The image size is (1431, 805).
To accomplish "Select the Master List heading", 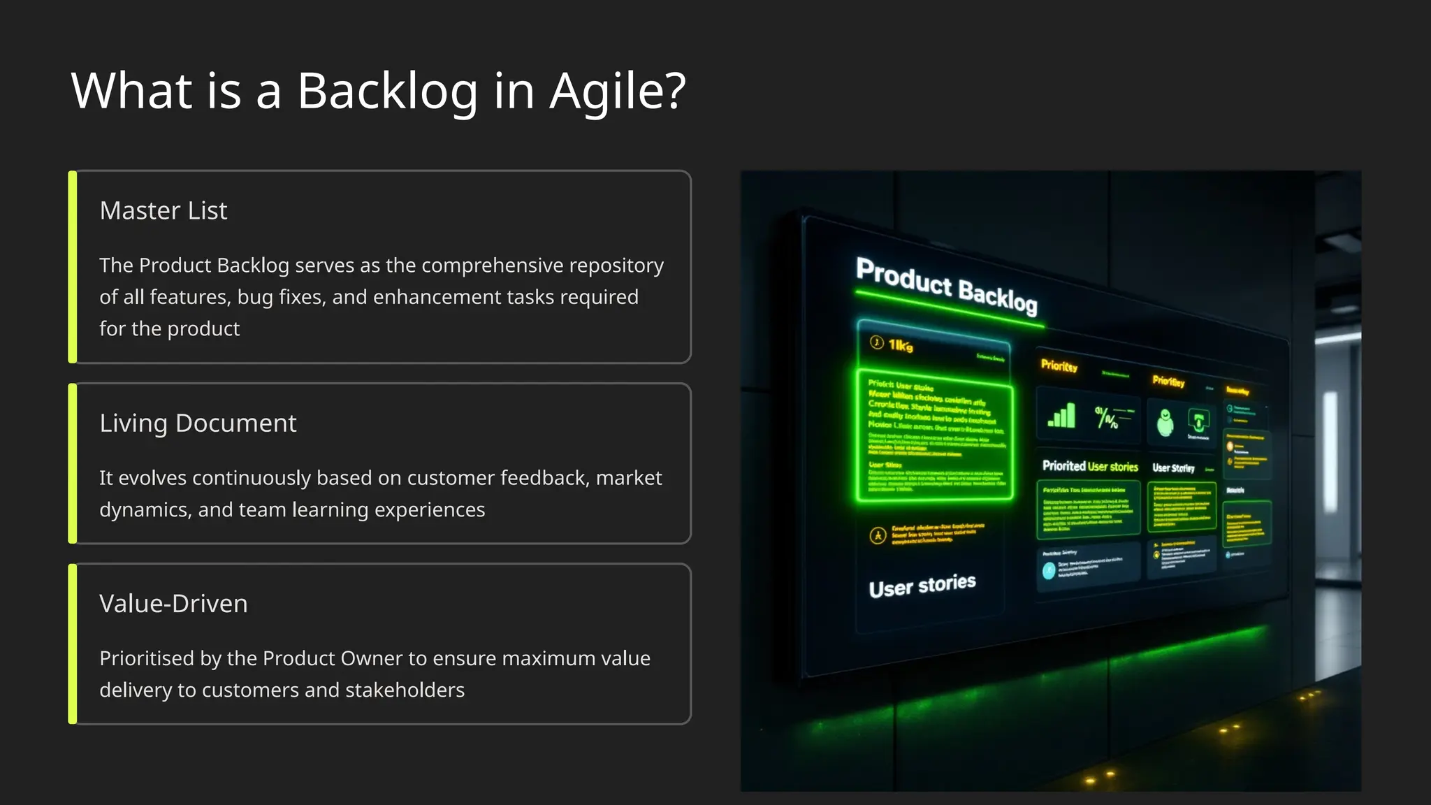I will pyautogui.click(x=164, y=210).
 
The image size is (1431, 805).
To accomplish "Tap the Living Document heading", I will pyautogui.click(x=198, y=423).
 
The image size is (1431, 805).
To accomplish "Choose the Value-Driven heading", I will pyautogui.click(x=173, y=603).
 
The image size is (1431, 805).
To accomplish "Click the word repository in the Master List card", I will pyautogui.click(x=616, y=266).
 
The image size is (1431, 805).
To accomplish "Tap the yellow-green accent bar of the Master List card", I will pyautogui.click(x=73, y=267).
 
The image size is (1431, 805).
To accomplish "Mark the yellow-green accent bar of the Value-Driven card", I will pyautogui.click(x=73, y=644).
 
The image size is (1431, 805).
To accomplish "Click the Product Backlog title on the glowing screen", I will pyautogui.click(x=946, y=286).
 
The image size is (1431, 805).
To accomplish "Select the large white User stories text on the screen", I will pyautogui.click(x=922, y=586).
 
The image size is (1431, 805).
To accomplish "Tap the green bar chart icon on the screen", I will pyautogui.click(x=1061, y=416).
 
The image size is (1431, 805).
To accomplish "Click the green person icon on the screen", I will pyautogui.click(x=1165, y=423).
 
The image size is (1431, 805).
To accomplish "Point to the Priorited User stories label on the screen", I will pyautogui.click(x=1090, y=466).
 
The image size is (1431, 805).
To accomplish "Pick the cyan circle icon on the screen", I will pyautogui.click(x=1049, y=571).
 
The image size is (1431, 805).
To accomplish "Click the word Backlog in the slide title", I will pyautogui.click(x=387, y=92).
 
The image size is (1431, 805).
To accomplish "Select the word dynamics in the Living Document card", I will pyautogui.click(x=143, y=510).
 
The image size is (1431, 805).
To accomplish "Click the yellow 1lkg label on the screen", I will pyautogui.click(x=900, y=345).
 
